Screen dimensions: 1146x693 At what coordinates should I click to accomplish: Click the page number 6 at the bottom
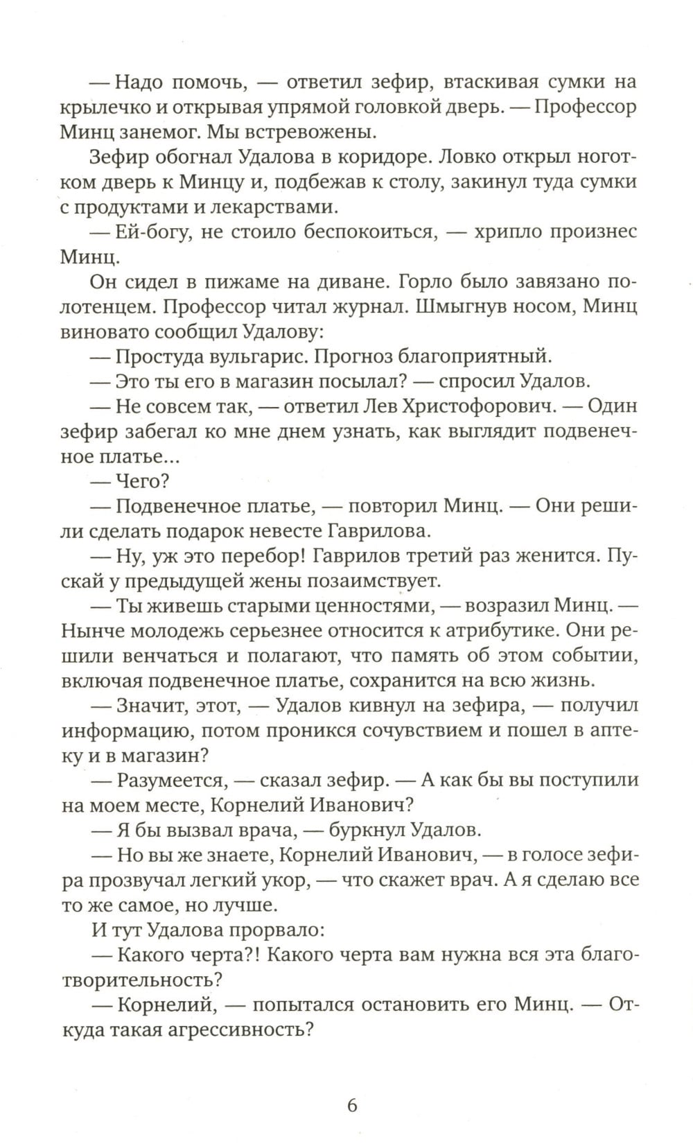[351, 1104]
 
